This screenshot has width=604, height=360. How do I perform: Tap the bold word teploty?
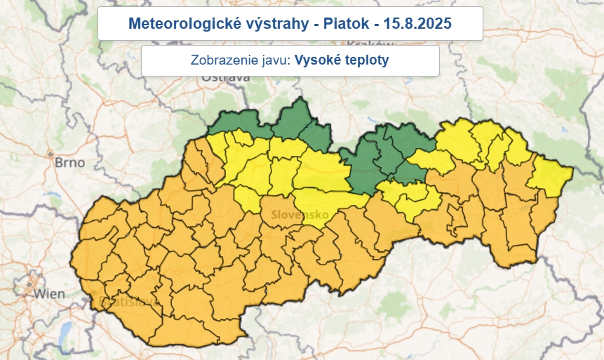pos(366,60)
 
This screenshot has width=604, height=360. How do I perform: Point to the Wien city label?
pos(50,293)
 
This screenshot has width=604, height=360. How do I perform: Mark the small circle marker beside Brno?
pos(50,154)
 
